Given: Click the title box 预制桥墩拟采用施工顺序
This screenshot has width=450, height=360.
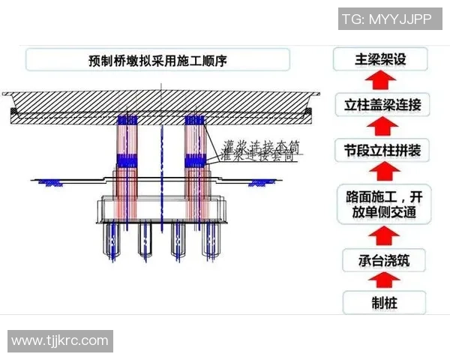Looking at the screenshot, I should pos(157,59).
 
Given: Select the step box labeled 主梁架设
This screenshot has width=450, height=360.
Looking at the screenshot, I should pos(381,59).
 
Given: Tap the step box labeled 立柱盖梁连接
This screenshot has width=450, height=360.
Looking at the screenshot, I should pos(382,104).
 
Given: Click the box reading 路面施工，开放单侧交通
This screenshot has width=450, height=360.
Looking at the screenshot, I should pos(382,205).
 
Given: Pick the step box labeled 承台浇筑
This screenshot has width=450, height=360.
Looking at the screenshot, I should pos(382,261).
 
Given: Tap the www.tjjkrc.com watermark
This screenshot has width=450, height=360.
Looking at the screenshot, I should pos(60,340).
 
